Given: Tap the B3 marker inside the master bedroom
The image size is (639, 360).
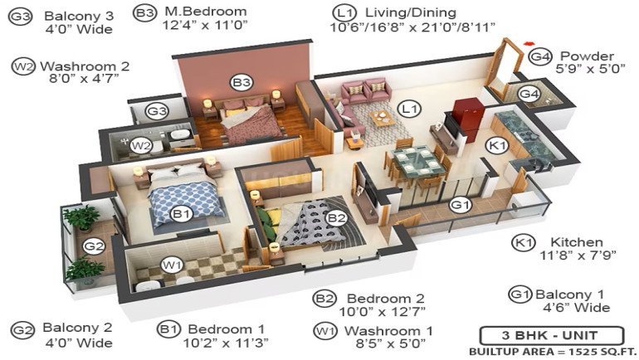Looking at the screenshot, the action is point(241,83).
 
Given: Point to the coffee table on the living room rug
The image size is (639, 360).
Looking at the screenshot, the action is point(382,118).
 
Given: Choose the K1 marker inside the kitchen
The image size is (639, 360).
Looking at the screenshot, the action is point(497,145).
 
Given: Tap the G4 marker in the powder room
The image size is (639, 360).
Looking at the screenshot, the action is point(529,95).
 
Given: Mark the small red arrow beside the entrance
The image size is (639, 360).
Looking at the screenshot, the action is point(529,42).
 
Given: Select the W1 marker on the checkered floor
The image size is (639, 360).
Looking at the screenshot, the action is point(172,266).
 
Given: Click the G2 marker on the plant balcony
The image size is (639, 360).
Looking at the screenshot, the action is point(94,246).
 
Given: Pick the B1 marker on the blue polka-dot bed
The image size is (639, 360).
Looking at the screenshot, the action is point(182,213).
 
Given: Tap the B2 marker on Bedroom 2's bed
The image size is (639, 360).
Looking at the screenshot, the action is point(337,218).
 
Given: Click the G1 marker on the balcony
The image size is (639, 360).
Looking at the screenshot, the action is point(461,205).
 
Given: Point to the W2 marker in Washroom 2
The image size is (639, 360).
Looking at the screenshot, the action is point(141,146).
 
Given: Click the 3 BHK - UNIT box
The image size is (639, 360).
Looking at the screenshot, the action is point(551,336).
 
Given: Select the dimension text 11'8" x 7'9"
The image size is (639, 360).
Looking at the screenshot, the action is point(578,255).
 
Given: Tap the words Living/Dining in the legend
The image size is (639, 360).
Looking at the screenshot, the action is point(411,12).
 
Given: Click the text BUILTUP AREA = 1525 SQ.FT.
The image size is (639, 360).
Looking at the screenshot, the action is point(553,352).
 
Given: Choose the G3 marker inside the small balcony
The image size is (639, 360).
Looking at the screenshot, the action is point(158,111).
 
